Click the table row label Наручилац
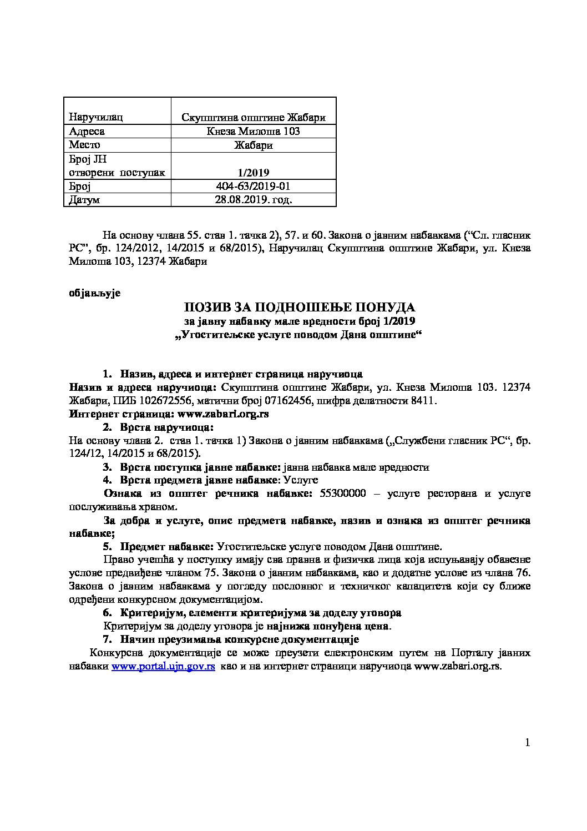[95, 117]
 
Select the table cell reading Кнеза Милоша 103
[253, 131]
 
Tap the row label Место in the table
[84, 145]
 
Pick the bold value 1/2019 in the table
[253, 172]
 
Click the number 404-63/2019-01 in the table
[253, 186]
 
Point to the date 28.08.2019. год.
[253, 200]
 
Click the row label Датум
[84, 200]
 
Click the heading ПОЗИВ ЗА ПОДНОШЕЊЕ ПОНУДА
[300, 307]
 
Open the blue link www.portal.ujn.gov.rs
[163, 667]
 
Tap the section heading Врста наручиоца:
[166, 427]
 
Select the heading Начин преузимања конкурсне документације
[240, 639]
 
